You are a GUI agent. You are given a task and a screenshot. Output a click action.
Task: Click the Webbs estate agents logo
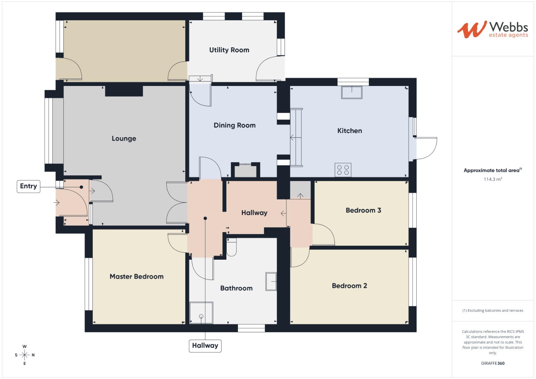coord(492,29)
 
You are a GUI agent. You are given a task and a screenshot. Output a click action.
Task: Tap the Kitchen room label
coord(349,131)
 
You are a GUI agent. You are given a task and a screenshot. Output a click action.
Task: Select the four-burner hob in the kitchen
coord(343,170)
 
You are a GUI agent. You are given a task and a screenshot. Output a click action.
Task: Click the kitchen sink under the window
coord(351,93)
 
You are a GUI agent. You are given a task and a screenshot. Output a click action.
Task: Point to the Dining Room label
coord(234,125)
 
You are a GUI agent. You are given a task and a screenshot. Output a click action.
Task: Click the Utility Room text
coord(229,50)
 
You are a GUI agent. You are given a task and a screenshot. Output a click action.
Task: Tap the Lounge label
coord(124,139)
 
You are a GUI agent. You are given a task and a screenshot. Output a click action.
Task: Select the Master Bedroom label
coord(137,277)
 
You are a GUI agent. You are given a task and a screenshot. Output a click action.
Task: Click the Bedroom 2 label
coord(349,286)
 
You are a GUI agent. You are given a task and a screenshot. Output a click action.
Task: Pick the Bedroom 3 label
coord(363,210)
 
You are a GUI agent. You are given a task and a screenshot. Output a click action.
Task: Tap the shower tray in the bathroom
coord(201,313)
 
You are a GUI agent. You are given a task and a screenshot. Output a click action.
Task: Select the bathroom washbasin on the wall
coord(271,281)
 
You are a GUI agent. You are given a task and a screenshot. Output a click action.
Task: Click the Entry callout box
coord(28,186)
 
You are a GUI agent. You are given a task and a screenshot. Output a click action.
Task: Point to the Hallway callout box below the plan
coord(205,346)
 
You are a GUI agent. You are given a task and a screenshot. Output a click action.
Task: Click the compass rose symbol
coord(25,355)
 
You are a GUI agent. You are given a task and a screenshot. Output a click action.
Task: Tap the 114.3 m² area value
coord(492,179)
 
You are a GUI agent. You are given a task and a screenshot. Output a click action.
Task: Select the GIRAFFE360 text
coord(492,363)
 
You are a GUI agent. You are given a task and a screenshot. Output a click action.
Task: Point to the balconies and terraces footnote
coord(492,311)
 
